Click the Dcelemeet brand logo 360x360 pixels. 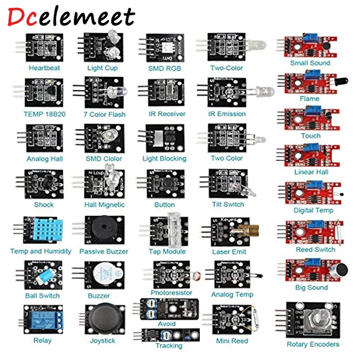coord(71,17)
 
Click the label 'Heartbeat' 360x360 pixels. coord(44,68)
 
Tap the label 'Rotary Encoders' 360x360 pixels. coord(313,344)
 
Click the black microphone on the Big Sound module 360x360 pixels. coord(341,270)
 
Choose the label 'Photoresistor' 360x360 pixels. coord(171,293)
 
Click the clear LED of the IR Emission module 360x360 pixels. coord(266,91)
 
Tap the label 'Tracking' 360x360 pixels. coord(169,346)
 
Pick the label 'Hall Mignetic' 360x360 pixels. coord(104,205)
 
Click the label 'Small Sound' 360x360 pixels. coord(310,63)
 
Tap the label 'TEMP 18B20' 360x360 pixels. coord(45,114)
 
